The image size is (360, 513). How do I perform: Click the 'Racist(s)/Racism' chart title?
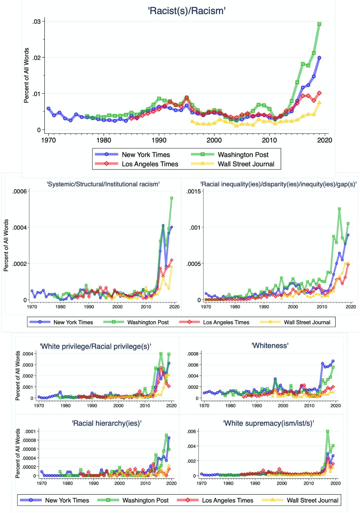[187, 11]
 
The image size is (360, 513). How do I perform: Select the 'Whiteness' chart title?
[270, 345]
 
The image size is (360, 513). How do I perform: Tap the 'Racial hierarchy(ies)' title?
[107, 423]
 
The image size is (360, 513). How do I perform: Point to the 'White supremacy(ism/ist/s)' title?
[268, 423]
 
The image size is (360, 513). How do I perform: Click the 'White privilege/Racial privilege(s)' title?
[96, 346]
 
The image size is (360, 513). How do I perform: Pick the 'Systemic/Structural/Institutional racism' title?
[103, 184]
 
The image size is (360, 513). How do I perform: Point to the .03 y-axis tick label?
[36, 21]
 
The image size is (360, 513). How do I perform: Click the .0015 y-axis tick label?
[194, 191]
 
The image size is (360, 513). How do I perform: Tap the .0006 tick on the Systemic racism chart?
[19, 191]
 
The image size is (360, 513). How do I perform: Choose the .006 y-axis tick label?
[191, 431]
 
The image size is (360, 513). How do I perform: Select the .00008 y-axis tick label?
[29, 440]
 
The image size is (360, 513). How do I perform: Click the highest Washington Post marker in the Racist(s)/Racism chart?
[319, 24]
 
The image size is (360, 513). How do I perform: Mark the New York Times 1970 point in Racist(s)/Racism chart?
[48, 108]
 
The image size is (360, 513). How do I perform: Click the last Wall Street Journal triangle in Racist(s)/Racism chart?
[319, 102]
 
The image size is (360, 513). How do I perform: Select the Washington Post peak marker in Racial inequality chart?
[340, 209]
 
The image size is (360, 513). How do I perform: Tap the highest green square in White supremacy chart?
[328, 431]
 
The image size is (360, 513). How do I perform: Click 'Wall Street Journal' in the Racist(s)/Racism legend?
[246, 164]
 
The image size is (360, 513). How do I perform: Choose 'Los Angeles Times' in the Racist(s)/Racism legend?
[150, 164]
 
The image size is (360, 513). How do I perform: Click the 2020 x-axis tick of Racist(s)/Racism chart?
[324, 140]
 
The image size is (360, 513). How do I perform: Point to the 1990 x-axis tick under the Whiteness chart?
[257, 406]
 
